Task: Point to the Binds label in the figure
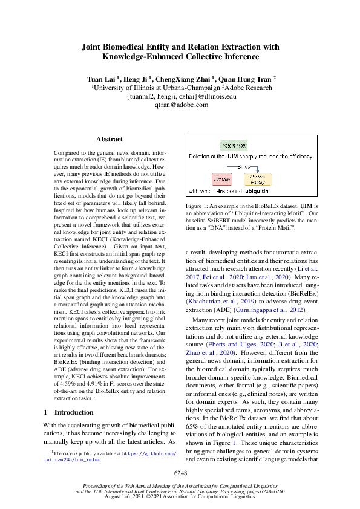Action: coord(243,165)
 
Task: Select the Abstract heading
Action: coord(110,139)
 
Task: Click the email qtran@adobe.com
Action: coord(180,105)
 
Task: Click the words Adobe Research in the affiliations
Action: coord(247,87)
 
